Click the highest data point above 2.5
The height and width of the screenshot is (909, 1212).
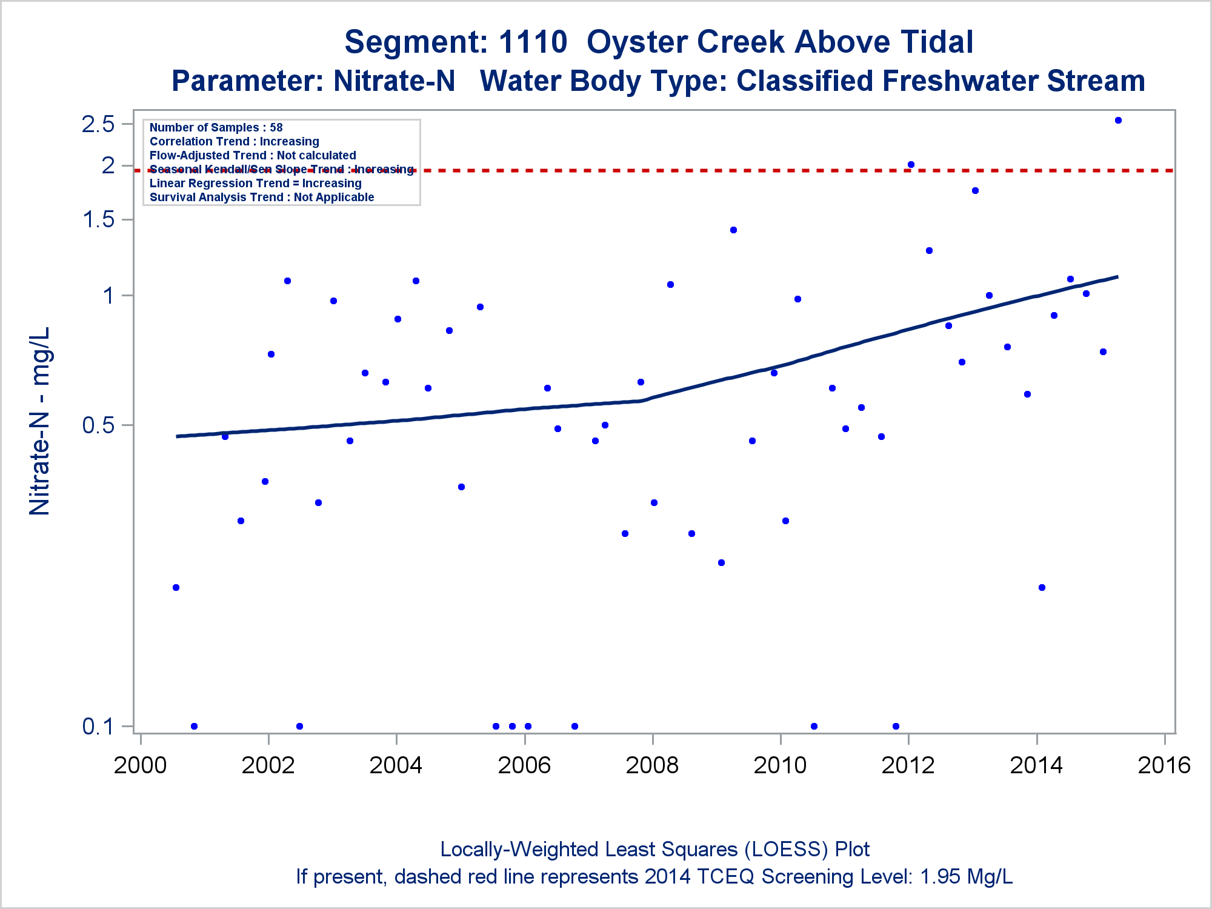pyautogui.click(x=1118, y=121)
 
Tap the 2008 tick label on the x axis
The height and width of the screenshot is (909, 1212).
pyautogui.click(x=652, y=765)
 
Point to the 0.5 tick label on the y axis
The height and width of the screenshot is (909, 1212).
pyautogui.click(x=98, y=425)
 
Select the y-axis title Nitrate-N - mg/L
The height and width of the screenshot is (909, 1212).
pyautogui.click(x=40, y=421)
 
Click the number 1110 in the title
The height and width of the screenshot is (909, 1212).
pyautogui.click(x=533, y=42)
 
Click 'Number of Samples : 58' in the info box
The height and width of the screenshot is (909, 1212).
pyautogui.click(x=216, y=127)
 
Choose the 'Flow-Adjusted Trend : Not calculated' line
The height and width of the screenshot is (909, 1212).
pyautogui.click(x=253, y=155)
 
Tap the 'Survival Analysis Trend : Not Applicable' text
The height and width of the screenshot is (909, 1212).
pyautogui.click(x=262, y=197)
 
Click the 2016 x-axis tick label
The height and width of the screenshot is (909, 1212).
pyautogui.click(x=1164, y=765)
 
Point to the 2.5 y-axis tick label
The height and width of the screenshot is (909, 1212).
pyautogui.click(x=98, y=124)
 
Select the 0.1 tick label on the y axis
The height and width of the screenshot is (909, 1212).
pyautogui.click(x=98, y=726)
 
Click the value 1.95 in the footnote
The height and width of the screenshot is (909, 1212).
pyautogui.click(x=940, y=877)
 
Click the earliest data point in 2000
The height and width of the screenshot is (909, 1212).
pyautogui.click(x=176, y=587)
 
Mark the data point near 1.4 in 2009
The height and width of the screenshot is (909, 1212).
pyautogui.click(x=733, y=230)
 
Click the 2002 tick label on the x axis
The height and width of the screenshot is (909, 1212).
pyautogui.click(x=268, y=765)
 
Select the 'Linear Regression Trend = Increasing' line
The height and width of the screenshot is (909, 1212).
pyautogui.click(x=255, y=183)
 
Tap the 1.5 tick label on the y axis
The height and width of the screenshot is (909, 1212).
pyautogui.click(x=98, y=219)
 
